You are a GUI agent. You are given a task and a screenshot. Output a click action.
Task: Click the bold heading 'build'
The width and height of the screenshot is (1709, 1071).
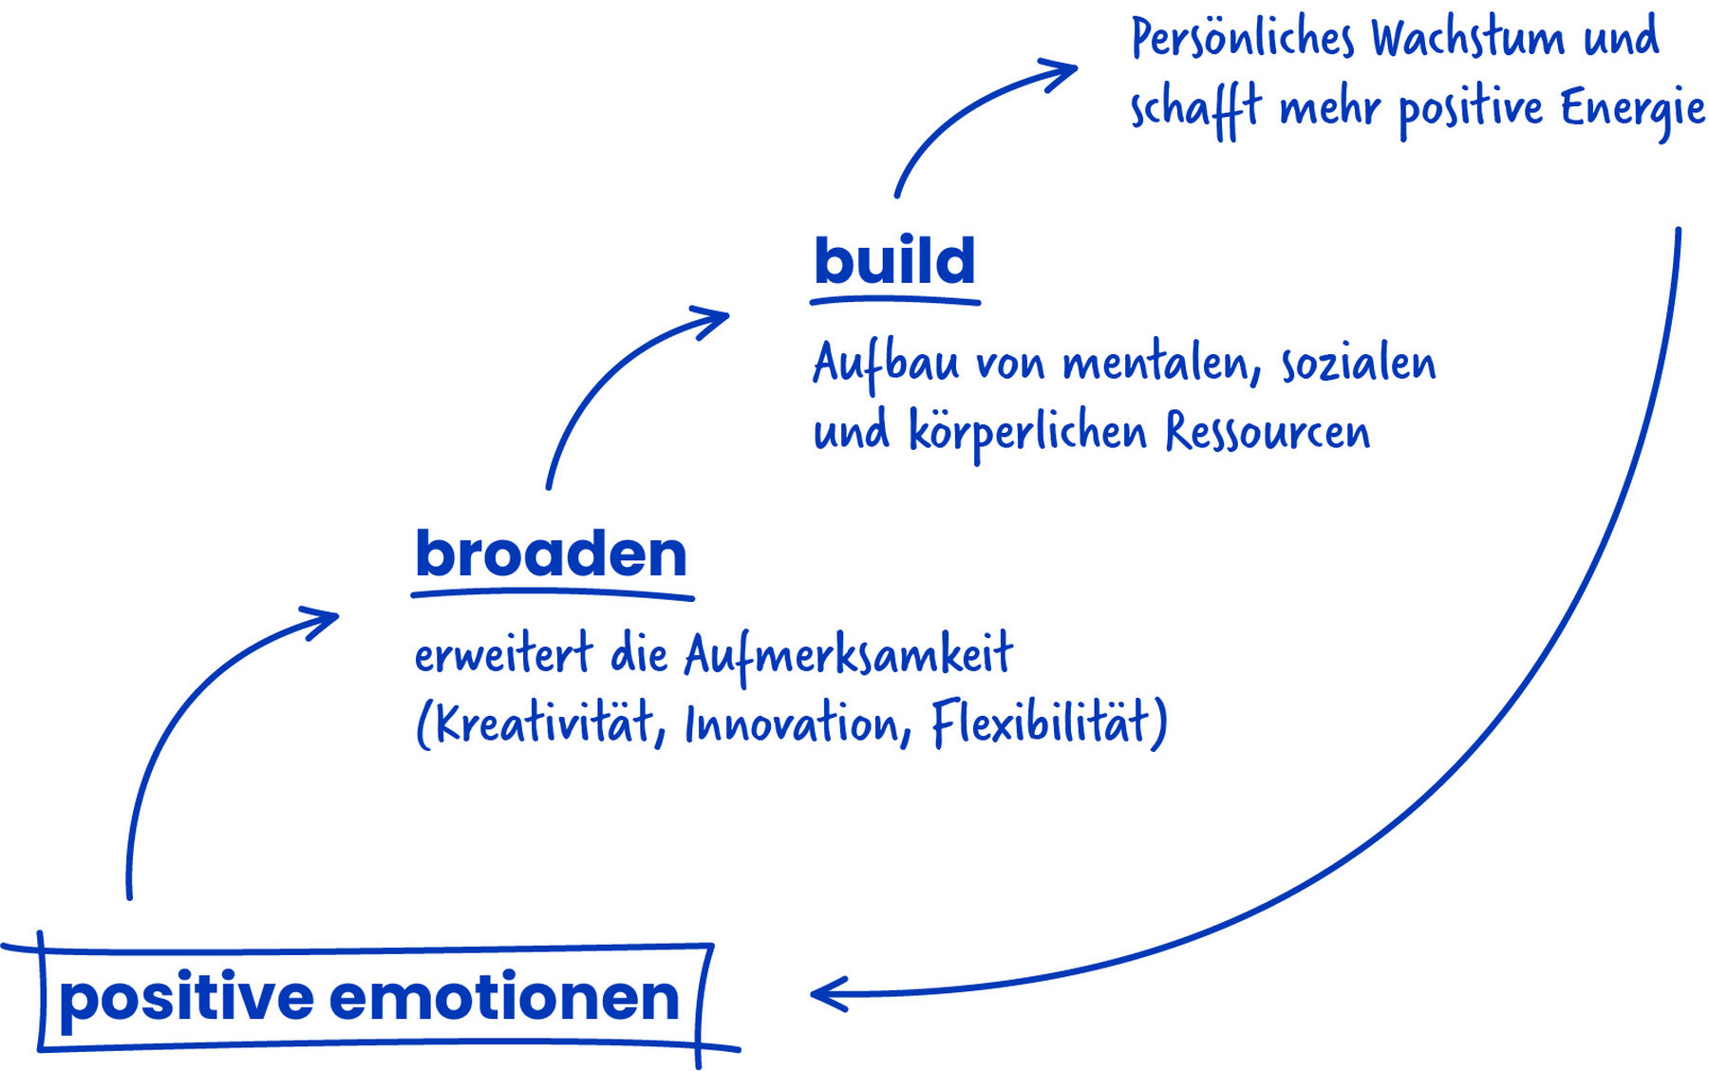pyautogui.click(x=894, y=260)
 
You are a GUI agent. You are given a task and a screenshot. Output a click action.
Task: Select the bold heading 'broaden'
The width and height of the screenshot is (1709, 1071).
pyautogui.click(x=551, y=553)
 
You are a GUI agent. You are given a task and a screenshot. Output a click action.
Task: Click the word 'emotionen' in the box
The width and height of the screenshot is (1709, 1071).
pyautogui.click(x=504, y=999)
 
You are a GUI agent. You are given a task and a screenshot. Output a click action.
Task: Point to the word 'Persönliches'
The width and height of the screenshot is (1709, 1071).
pyautogui.click(x=1242, y=39)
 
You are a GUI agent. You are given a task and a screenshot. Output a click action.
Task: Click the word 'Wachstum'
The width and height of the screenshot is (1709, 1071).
pyautogui.click(x=1468, y=39)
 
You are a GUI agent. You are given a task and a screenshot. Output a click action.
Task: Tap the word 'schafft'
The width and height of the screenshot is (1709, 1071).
pyautogui.click(x=1195, y=108)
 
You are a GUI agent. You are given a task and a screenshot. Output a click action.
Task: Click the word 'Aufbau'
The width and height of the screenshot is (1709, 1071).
pyautogui.click(x=886, y=364)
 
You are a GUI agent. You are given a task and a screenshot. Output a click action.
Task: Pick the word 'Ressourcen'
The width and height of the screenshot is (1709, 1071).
pyautogui.click(x=1268, y=432)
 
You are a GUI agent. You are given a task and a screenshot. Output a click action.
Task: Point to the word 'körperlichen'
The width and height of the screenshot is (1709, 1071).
pyautogui.click(x=1028, y=433)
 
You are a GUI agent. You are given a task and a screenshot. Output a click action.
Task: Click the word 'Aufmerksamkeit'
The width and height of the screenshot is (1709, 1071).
pyautogui.click(x=849, y=655)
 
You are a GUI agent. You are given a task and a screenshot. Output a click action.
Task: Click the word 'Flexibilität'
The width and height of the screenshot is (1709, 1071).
pyautogui.click(x=1041, y=723)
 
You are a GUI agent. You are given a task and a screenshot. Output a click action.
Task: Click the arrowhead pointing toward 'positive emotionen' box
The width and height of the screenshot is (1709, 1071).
pyautogui.click(x=829, y=994)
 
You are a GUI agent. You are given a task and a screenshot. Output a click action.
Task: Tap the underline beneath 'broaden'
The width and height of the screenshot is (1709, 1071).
pyautogui.click(x=553, y=594)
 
